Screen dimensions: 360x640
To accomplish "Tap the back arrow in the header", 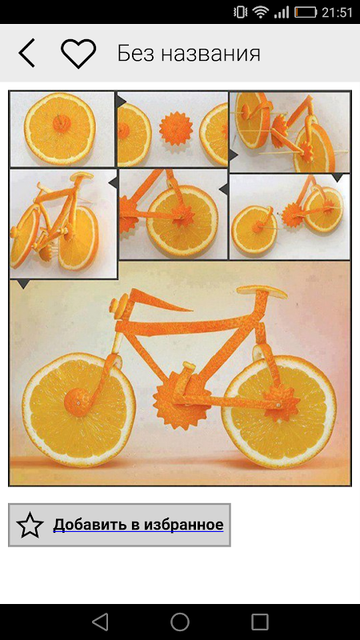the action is [x=27, y=53].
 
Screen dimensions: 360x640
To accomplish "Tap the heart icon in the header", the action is [x=78, y=54].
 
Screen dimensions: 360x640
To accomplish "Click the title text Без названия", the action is [x=189, y=54].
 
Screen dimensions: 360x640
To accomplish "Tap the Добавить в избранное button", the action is [x=119, y=525].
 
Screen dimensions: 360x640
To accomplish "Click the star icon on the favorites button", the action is [x=30, y=525].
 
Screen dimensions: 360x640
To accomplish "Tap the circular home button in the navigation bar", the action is [x=180, y=622].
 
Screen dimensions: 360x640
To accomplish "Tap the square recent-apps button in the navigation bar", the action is [x=260, y=622].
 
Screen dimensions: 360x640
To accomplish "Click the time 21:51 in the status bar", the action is [x=337, y=13].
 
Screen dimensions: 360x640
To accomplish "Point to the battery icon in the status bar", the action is [x=306, y=12].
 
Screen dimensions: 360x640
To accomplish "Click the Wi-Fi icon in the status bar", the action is [x=260, y=12].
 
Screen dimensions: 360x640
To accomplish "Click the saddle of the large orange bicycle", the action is [x=262, y=292].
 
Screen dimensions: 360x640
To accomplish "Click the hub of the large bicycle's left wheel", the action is [x=78, y=402].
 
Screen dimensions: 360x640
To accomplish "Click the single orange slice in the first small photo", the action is [x=60, y=128].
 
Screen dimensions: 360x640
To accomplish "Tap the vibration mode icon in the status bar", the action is [x=240, y=12].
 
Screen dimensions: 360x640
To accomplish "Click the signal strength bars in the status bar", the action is [x=282, y=13].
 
